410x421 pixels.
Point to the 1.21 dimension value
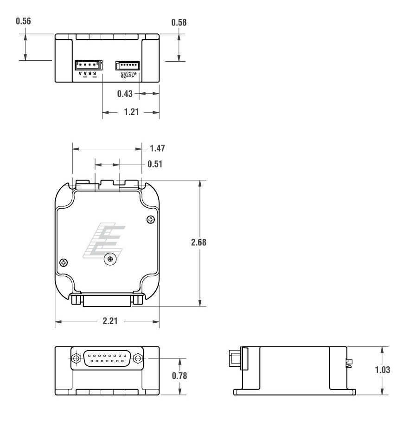click(x=131, y=113)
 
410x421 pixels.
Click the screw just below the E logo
click(x=110, y=258)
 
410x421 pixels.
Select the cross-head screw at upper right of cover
click(x=149, y=219)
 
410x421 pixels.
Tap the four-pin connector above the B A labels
click(x=87, y=65)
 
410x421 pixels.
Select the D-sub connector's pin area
click(x=107, y=358)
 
